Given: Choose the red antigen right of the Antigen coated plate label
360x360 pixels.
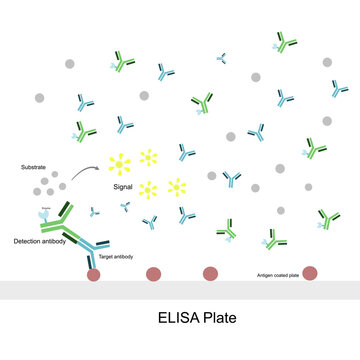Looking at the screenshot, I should click(x=310, y=273).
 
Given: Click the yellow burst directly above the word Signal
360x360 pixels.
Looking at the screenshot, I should click(x=120, y=160).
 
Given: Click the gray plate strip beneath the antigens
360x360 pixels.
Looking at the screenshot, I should click(x=180, y=289).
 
